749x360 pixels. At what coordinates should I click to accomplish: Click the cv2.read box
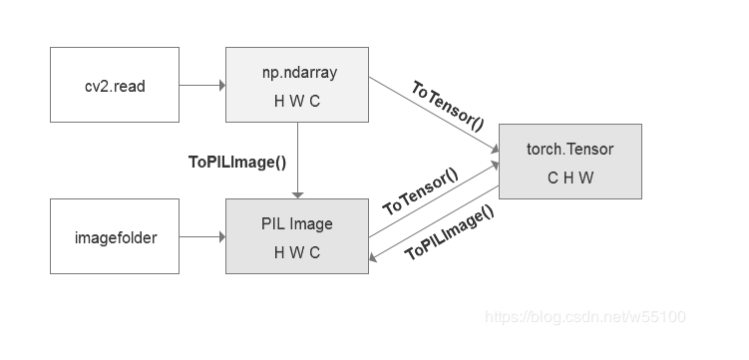tap(115, 86)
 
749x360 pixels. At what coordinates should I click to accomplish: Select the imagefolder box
tap(115, 237)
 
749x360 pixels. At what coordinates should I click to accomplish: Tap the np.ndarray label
tap(297, 73)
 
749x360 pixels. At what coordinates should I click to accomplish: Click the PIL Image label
tap(297, 224)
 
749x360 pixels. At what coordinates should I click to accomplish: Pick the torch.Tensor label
tap(569, 150)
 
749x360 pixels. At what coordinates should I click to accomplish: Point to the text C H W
tap(569, 178)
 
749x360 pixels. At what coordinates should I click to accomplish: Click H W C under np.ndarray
tap(297, 101)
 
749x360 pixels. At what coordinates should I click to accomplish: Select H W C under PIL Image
tap(297, 252)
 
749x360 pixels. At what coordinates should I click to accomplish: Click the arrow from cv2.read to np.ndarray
tap(202, 86)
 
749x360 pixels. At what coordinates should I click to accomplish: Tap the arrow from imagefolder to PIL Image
tap(202, 237)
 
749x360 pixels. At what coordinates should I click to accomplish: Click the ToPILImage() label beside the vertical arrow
tap(237, 161)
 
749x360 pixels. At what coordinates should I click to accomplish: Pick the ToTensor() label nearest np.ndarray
tap(447, 106)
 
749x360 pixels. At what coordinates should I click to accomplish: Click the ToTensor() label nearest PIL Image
tap(420, 192)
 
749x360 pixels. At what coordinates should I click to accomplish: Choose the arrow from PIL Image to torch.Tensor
tap(433, 202)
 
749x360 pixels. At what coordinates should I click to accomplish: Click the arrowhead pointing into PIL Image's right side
tap(374, 256)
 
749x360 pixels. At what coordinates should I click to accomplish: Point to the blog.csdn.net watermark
tap(584, 317)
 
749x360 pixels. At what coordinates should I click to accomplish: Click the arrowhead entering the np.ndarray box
tap(220, 86)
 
